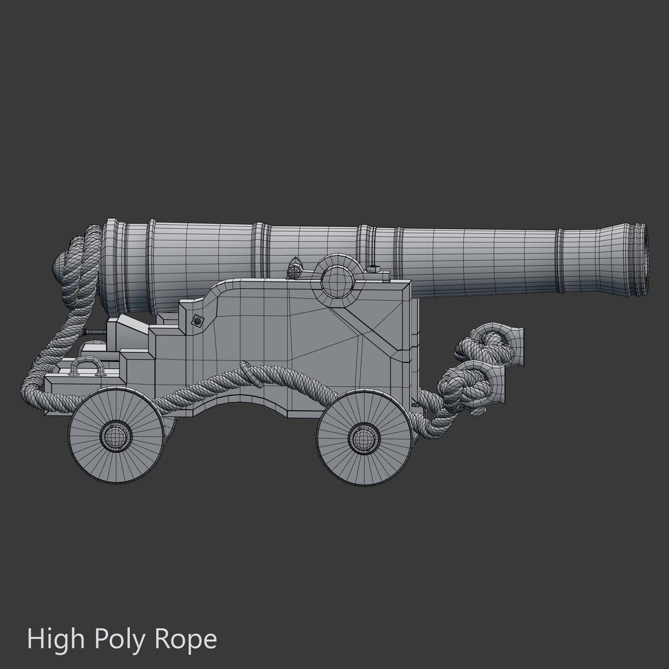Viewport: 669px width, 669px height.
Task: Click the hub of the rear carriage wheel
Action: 115,436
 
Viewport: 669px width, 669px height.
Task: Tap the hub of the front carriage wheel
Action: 364,437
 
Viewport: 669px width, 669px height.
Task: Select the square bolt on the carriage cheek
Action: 198,320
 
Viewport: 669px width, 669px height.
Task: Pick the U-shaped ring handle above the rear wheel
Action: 86,365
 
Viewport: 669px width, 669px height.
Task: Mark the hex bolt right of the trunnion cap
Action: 373,268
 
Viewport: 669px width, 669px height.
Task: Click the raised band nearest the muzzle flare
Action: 560,260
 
